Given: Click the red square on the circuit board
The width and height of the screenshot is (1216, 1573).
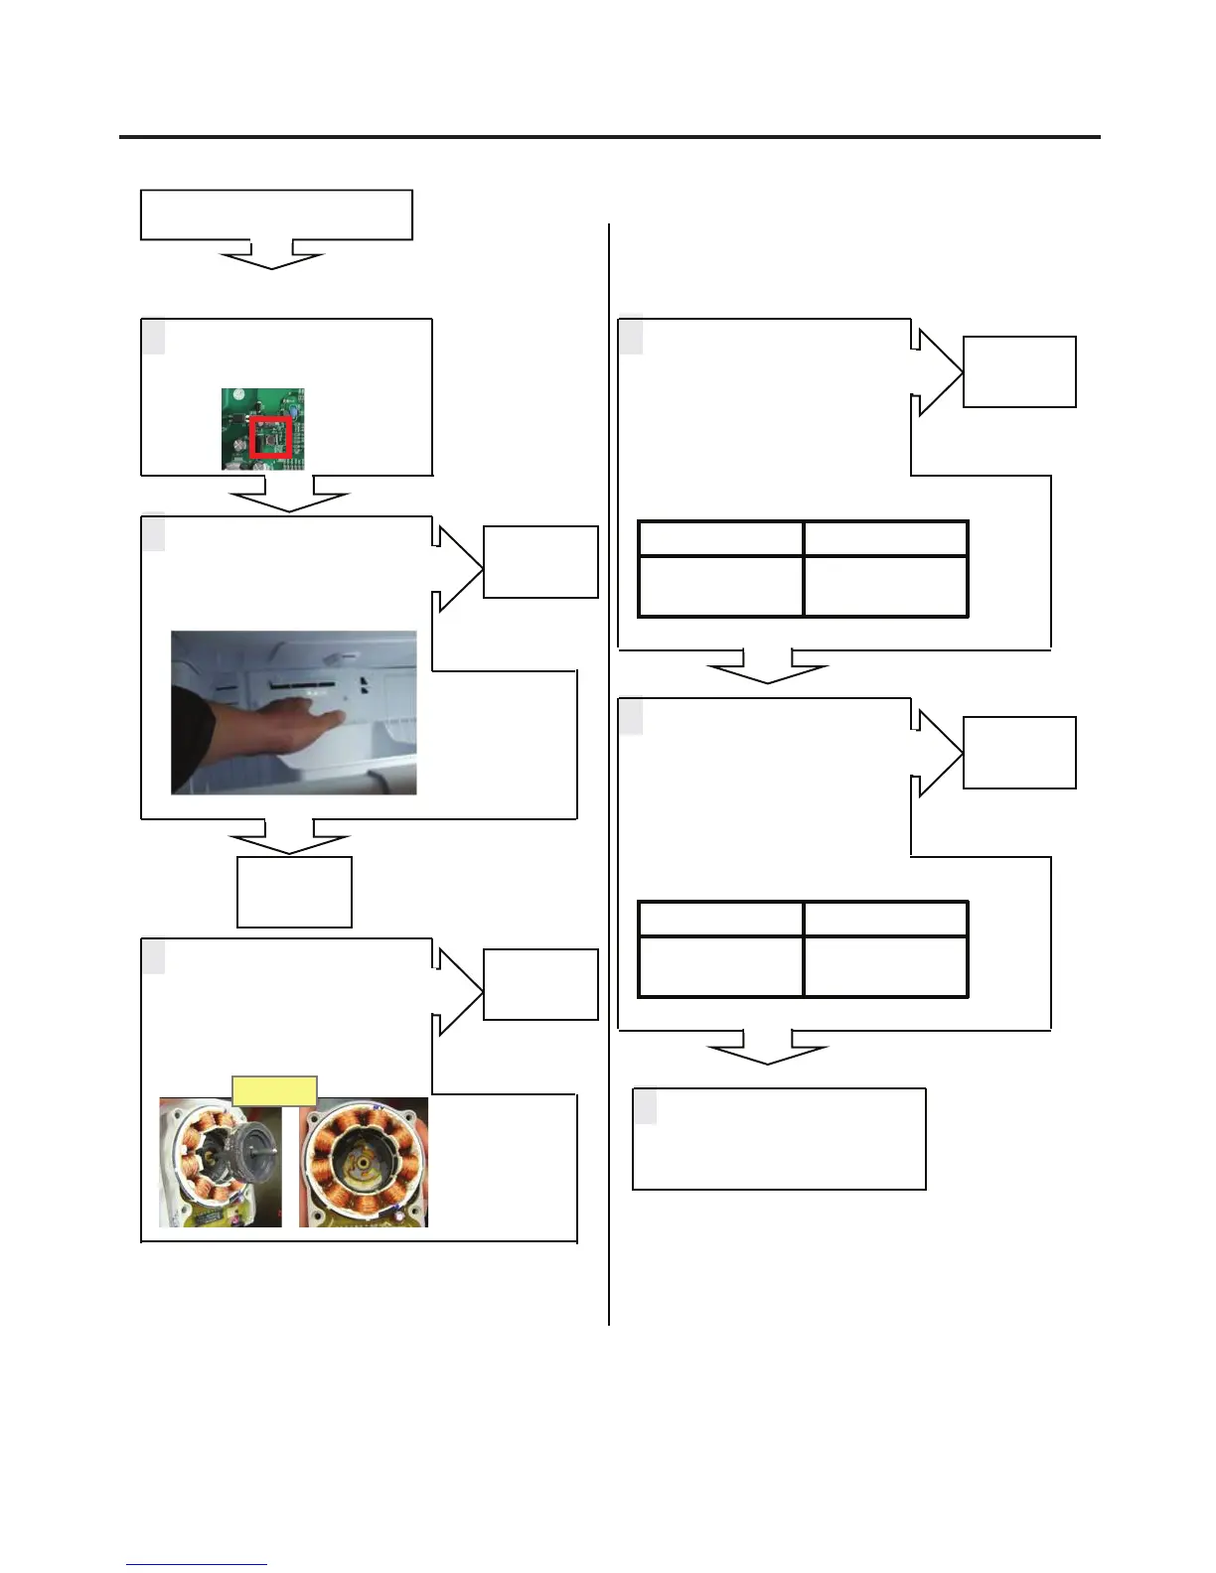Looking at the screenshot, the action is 270,437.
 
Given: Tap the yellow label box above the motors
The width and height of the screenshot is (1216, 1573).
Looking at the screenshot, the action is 274,1090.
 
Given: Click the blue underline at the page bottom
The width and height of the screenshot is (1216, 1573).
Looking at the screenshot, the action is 196,1565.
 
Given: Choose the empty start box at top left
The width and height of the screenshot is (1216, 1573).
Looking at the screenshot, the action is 276,214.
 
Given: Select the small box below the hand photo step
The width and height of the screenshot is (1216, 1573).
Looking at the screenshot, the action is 294,892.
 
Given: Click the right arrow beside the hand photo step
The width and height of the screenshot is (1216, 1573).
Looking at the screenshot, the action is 456,568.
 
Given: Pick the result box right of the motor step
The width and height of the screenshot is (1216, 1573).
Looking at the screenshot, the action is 540,984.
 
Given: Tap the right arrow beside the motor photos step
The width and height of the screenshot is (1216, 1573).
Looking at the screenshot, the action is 456,991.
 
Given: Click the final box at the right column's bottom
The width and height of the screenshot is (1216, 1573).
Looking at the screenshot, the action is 779,1139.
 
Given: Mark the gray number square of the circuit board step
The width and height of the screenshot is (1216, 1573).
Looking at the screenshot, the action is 153,337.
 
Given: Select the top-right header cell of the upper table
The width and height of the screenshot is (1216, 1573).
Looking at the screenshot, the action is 885,538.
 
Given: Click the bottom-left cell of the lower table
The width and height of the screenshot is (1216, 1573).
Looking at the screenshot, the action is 720,966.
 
